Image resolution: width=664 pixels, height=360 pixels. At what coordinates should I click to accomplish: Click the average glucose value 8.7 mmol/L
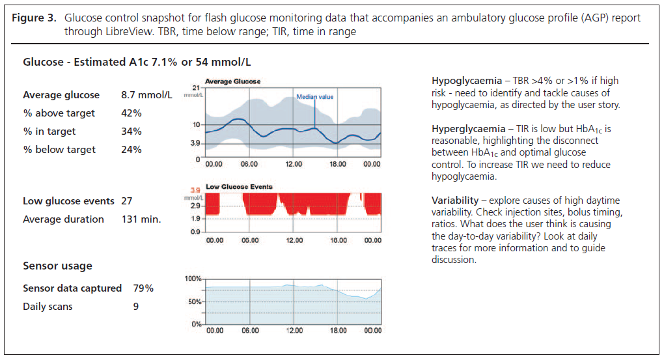(146, 95)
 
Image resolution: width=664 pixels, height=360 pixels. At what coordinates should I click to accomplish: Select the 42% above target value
(131, 113)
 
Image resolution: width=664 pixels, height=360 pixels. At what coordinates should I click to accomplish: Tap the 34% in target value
(131, 132)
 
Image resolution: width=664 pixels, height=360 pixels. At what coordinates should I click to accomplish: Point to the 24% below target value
(131, 150)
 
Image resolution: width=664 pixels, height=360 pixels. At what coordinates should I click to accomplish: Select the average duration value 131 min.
(141, 219)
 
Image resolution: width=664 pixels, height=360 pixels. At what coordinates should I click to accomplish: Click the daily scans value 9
(135, 307)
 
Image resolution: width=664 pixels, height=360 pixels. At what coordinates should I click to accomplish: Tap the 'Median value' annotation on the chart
(314, 97)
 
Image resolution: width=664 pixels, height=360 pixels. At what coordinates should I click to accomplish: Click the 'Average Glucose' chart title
(232, 81)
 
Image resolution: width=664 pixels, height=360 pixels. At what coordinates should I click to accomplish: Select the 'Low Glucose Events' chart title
(239, 187)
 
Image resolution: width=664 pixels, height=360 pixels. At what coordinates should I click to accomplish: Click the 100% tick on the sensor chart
(193, 279)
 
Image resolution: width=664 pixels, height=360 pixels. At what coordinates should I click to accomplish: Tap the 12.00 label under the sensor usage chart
(294, 330)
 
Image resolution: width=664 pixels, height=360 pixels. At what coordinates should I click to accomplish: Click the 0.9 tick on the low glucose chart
(195, 232)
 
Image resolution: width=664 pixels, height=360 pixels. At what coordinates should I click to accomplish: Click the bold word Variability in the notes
(454, 199)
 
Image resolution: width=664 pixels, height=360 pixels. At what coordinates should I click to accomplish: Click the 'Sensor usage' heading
(57, 266)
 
